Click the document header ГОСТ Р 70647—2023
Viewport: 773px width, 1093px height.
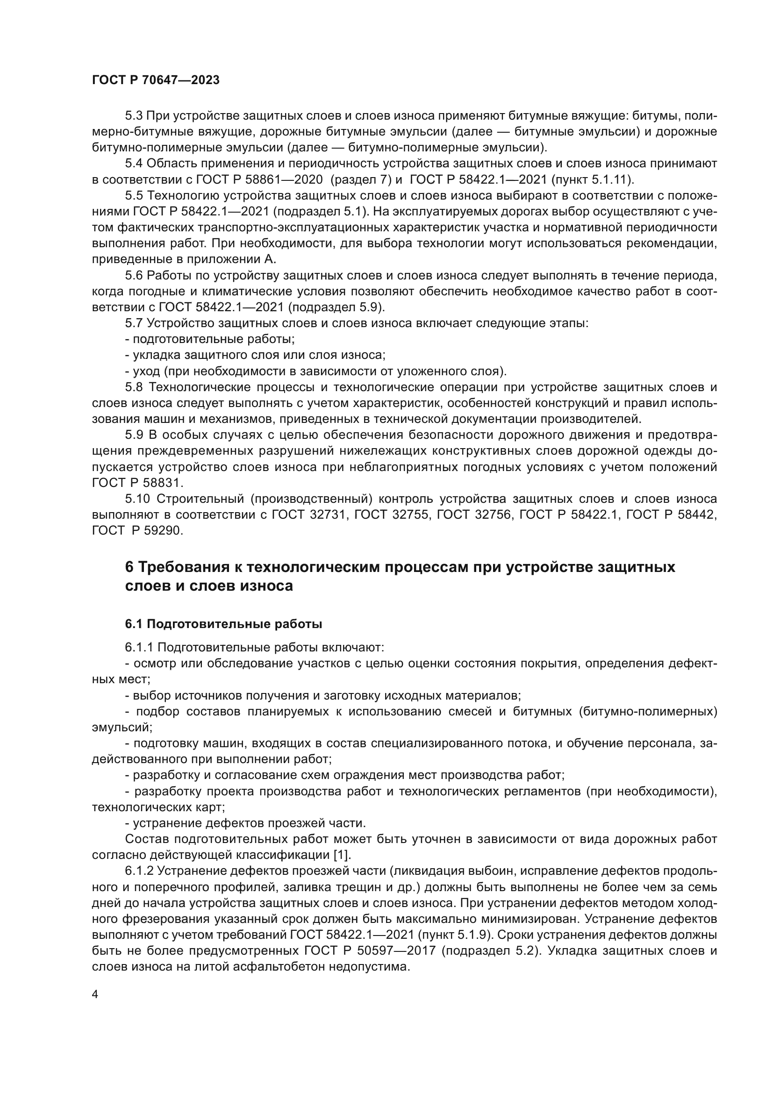(156, 80)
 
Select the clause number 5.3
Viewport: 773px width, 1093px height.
(134, 116)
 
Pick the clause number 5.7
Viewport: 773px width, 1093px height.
(134, 323)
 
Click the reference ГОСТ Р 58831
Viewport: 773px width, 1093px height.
(137, 483)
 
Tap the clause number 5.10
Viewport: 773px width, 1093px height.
(137, 499)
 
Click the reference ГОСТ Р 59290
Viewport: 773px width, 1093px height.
(137, 530)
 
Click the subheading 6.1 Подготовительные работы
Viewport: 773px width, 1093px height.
(223, 624)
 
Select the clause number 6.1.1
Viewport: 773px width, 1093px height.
(139, 647)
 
